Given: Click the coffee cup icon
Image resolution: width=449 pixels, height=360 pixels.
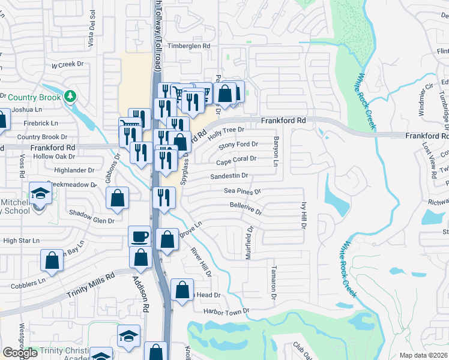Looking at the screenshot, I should pyautogui.click(x=140, y=236).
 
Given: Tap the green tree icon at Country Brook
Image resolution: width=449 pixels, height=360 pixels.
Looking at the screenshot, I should pyautogui.click(x=71, y=96).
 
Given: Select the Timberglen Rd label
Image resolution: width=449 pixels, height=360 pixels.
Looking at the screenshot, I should pyautogui.click(x=189, y=46).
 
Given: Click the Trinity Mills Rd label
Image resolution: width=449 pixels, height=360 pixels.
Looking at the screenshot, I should pyautogui.click(x=90, y=284).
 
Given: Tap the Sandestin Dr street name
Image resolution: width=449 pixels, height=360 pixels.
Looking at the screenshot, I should pyautogui.click(x=229, y=176).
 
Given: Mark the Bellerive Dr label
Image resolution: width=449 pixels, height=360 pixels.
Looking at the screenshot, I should pyautogui.click(x=246, y=209).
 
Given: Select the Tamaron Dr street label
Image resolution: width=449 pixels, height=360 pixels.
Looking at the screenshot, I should pyautogui.click(x=273, y=283).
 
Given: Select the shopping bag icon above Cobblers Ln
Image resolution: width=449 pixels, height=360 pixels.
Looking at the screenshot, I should pyautogui.click(x=52, y=260).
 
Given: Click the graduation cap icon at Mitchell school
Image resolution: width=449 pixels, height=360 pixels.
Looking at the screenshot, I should pyautogui.click(x=41, y=194).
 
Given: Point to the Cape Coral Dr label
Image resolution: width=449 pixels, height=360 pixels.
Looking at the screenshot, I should pyautogui.click(x=236, y=160).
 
